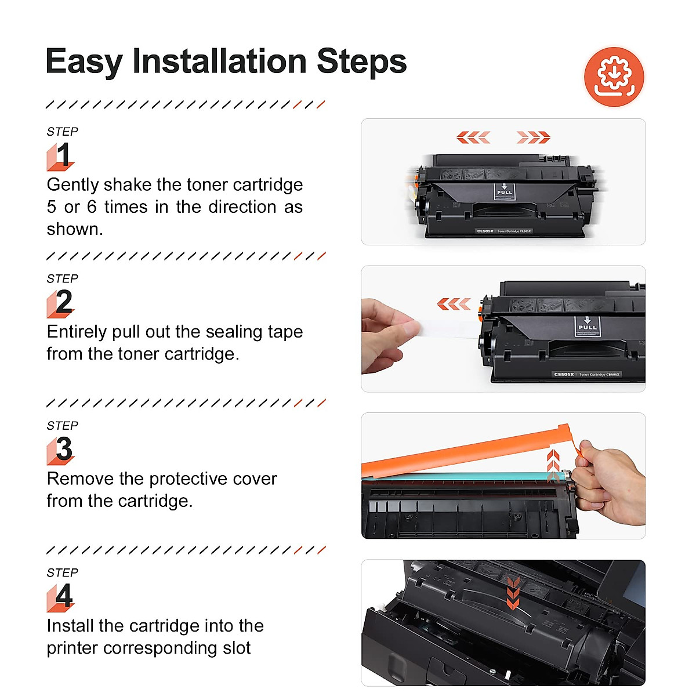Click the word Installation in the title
(x=219, y=61)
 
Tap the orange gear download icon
(x=614, y=77)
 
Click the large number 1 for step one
(x=63, y=155)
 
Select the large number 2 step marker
(x=63, y=302)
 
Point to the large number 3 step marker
(x=64, y=449)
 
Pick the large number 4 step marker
(x=64, y=596)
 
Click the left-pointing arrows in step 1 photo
(x=473, y=137)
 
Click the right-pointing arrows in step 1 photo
(x=533, y=137)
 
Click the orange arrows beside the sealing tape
(x=454, y=304)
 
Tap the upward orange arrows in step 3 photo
(x=553, y=464)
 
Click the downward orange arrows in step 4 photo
(x=513, y=593)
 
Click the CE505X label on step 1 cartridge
(x=485, y=231)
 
